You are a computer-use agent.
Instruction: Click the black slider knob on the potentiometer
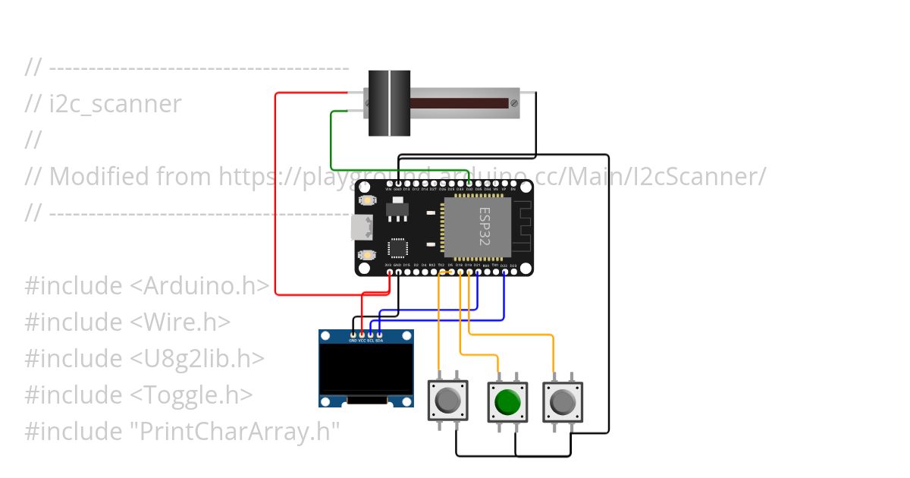click(x=389, y=103)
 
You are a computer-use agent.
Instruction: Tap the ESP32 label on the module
click(x=485, y=225)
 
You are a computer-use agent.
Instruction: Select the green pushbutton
click(x=507, y=401)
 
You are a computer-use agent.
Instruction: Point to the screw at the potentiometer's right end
click(x=515, y=102)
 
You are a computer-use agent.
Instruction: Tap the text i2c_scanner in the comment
click(x=115, y=104)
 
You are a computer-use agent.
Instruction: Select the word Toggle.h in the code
click(x=192, y=395)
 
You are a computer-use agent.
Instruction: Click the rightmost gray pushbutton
click(x=563, y=401)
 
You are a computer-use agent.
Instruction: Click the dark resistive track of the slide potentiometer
click(x=459, y=103)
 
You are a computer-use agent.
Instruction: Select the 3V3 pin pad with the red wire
click(x=390, y=272)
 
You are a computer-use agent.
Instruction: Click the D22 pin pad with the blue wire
click(x=504, y=272)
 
